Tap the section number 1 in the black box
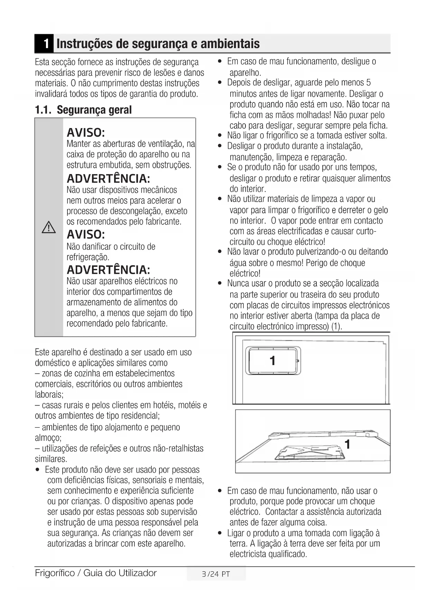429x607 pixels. [45, 44]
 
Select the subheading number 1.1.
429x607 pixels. [44, 110]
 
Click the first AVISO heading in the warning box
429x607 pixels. [86, 133]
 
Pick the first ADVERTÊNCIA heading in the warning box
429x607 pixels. [108, 179]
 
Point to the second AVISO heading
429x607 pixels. [86, 235]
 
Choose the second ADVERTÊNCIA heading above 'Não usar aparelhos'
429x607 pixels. [108, 270]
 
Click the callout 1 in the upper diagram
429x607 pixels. [272, 361]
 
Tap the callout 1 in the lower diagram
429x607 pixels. [347, 444]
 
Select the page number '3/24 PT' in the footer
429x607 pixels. [216, 574]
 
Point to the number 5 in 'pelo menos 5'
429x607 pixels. [369, 83]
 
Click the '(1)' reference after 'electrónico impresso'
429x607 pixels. [336, 327]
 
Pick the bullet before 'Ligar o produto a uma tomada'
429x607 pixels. [220, 533]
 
